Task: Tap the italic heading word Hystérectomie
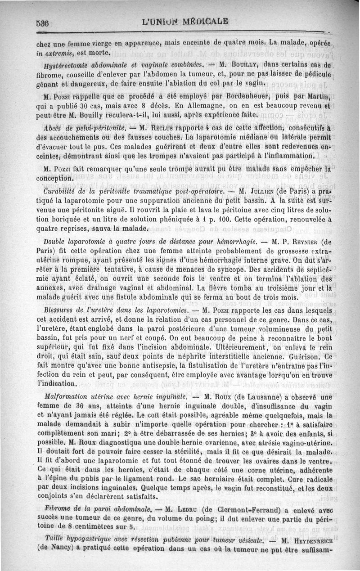pyautogui.click(x=60, y=63)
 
